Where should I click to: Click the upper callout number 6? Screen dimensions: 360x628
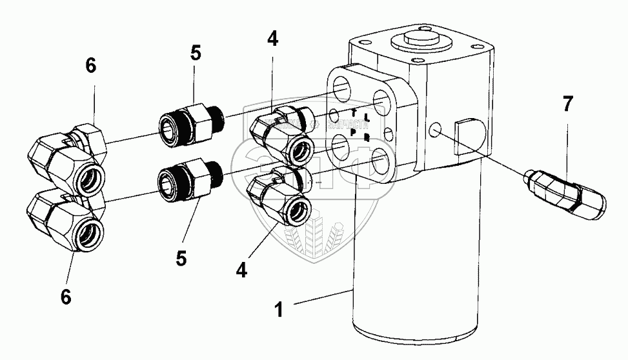[90, 66]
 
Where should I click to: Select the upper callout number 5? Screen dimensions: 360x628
[195, 54]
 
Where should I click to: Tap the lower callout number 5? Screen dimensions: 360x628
[181, 257]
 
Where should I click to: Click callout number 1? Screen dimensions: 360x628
[280, 310]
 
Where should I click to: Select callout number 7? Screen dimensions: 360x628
[567, 105]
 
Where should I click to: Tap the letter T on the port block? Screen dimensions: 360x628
[354, 114]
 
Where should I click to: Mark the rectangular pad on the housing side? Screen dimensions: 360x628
[470, 135]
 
